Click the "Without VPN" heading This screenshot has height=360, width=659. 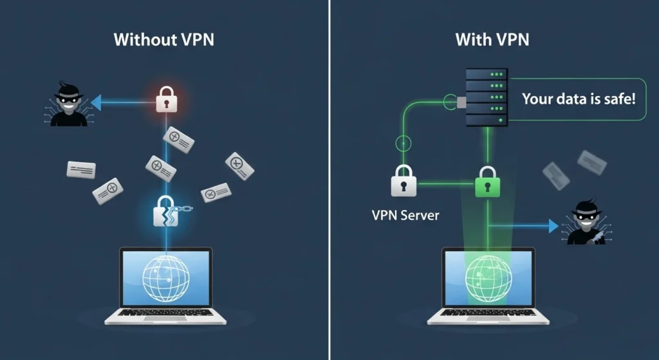(163, 40)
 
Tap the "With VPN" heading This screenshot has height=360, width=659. (492, 40)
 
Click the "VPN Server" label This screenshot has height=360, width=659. (405, 214)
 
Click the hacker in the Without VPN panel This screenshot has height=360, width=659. (68, 104)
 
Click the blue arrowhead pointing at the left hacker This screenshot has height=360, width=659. (96, 102)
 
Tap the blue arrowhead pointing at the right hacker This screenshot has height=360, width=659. (553, 225)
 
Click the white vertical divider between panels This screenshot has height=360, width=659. (329, 180)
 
